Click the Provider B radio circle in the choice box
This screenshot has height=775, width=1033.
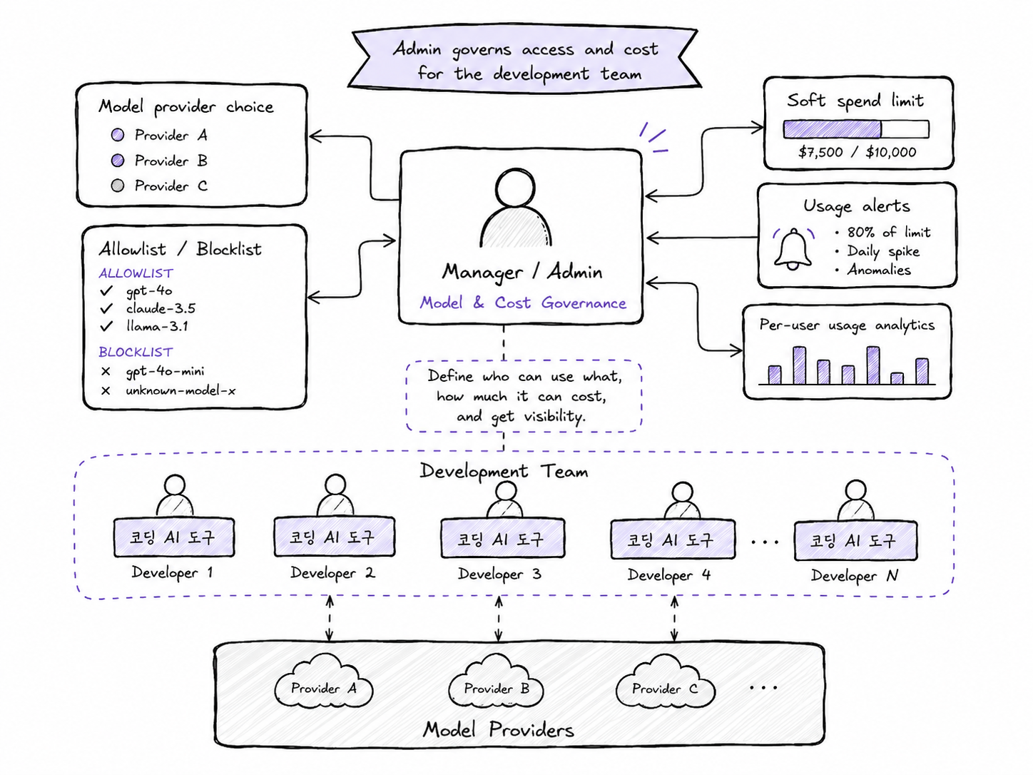(x=118, y=161)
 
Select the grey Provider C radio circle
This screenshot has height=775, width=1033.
(x=118, y=186)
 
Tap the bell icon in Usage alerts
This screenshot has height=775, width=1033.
(x=793, y=249)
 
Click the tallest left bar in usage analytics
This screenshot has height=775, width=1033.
(x=799, y=365)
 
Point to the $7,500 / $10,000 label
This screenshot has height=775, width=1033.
(x=857, y=152)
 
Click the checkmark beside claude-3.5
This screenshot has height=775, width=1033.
(x=106, y=308)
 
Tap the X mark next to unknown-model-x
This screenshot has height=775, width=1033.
(x=106, y=390)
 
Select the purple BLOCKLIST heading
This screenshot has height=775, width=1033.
(x=136, y=352)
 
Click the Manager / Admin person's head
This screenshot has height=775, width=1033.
(x=515, y=188)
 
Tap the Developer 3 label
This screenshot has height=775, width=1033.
(x=499, y=574)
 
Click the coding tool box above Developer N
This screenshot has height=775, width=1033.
(x=855, y=541)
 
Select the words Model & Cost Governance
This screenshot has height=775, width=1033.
(x=523, y=303)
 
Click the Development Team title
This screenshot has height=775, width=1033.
(x=504, y=471)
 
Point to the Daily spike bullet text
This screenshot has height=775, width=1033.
(x=883, y=251)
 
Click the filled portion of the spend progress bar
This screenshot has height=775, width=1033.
(x=832, y=129)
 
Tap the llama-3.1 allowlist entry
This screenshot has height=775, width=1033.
(x=157, y=326)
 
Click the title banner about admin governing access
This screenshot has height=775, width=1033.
(x=525, y=59)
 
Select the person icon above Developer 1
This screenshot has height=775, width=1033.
(x=175, y=495)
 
